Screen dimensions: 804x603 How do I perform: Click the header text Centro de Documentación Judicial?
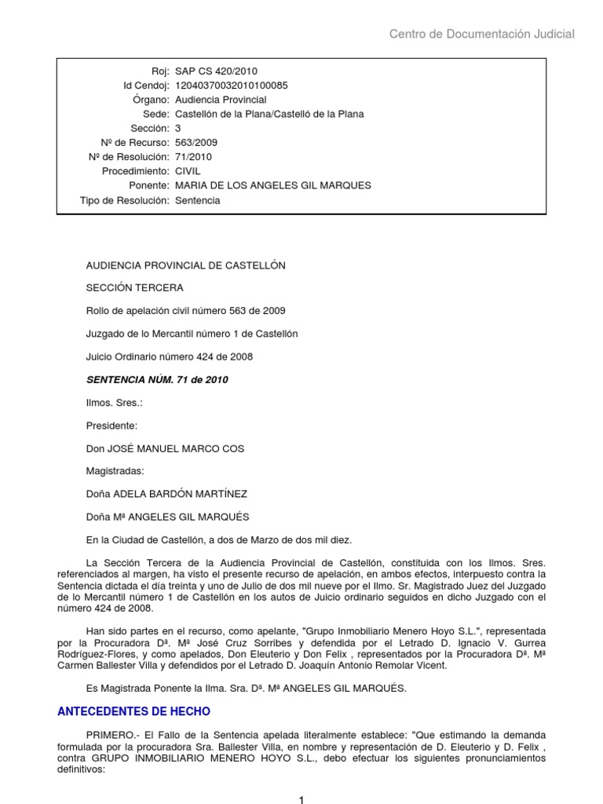[x=482, y=34]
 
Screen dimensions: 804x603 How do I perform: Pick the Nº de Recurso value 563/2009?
[x=196, y=142]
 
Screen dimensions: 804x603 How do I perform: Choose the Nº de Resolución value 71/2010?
[x=193, y=156]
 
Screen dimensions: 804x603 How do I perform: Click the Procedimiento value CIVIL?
[x=188, y=170]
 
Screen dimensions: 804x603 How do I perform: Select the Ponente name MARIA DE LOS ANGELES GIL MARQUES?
[x=261, y=185]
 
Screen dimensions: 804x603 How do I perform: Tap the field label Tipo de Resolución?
[x=125, y=200]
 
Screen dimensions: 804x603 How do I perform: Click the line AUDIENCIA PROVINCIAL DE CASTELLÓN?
[x=185, y=265]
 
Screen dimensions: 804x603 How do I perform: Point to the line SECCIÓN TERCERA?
[x=134, y=288]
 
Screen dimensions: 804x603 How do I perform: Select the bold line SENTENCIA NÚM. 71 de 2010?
[x=156, y=380]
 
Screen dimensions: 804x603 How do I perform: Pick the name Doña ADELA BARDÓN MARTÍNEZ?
[x=167, y=494]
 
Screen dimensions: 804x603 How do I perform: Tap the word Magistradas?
[x=115, y=471]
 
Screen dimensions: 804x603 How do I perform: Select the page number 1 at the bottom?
[x=301, y=799]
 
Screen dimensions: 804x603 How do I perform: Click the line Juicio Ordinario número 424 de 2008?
[x=169, y=356]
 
